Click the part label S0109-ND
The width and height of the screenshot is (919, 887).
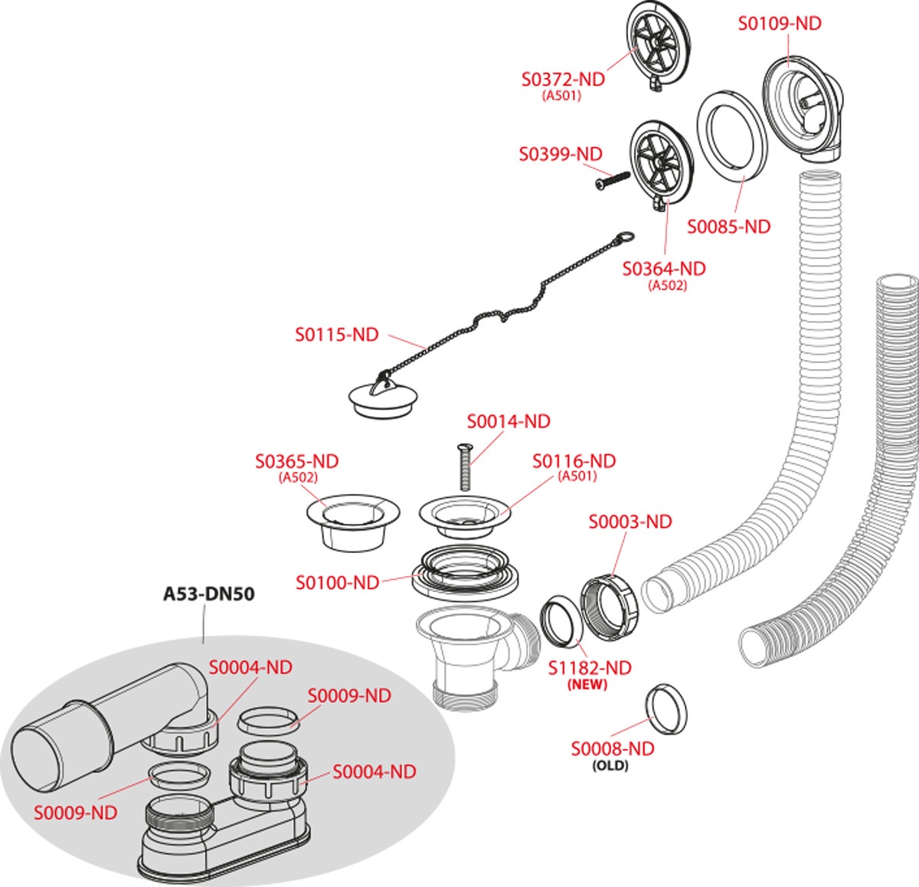[779, 24]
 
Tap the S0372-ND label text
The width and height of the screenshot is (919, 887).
[563, 79]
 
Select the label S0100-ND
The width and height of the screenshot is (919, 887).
[337, 583]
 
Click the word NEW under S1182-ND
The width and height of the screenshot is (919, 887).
[587, 685]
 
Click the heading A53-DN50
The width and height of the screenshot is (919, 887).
[208, 594]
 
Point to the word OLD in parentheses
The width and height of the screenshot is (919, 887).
[610, 765]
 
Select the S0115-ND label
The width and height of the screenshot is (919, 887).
[337, 335]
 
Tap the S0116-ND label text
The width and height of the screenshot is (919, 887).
[574, 461]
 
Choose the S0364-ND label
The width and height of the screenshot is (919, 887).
[663, 269]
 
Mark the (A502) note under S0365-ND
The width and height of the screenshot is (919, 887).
[298, 477]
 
